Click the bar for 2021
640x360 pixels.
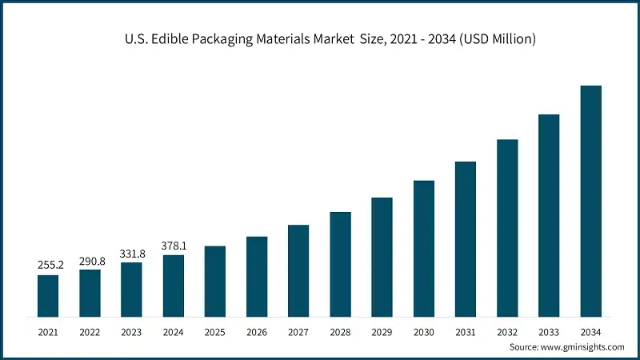48,295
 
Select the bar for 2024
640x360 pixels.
173,286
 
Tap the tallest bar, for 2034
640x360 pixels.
590,200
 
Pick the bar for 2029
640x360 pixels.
382,256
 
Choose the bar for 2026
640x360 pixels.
257,276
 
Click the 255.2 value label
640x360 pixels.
48,264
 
